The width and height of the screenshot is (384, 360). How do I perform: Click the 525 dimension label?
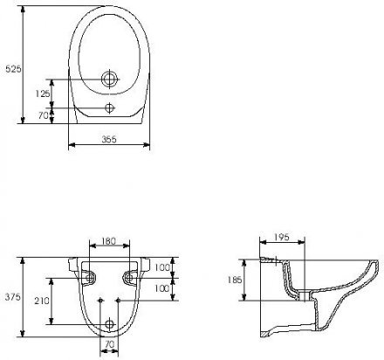13,69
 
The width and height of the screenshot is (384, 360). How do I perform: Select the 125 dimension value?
43,93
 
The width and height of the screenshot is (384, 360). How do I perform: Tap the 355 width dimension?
109,140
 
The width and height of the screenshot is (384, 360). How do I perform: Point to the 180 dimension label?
109,241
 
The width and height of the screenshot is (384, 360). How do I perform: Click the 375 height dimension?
13,297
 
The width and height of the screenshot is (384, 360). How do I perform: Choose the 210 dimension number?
42,301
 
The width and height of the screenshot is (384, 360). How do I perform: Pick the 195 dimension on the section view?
282,238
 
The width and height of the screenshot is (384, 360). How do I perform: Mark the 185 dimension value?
235,280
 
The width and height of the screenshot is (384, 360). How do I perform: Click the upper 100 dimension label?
161,267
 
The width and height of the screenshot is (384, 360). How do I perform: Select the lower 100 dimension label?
161,288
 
